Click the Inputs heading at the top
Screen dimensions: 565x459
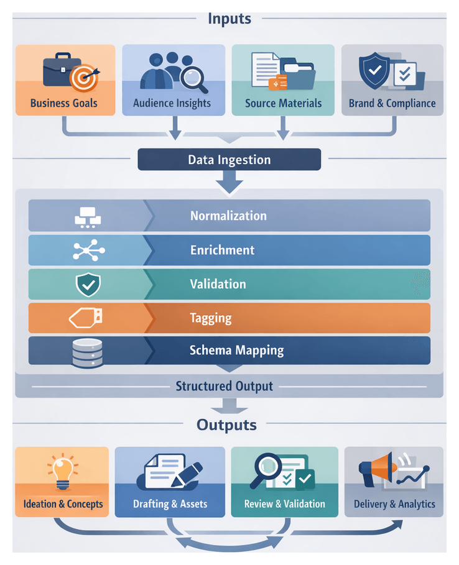tap(229, 18)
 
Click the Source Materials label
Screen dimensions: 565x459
tap(283, 103)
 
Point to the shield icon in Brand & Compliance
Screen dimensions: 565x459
tap(374, 72)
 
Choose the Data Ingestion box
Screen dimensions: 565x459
tap(229, 160)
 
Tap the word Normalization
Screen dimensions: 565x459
tap(228, 216)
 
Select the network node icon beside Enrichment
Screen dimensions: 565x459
tap(88, 250)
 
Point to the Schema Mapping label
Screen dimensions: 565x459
tap(236, 351)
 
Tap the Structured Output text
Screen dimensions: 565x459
tap(224, 386)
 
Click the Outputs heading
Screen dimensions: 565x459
tap(226, 425)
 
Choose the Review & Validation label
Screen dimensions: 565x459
tap(284, 503)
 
